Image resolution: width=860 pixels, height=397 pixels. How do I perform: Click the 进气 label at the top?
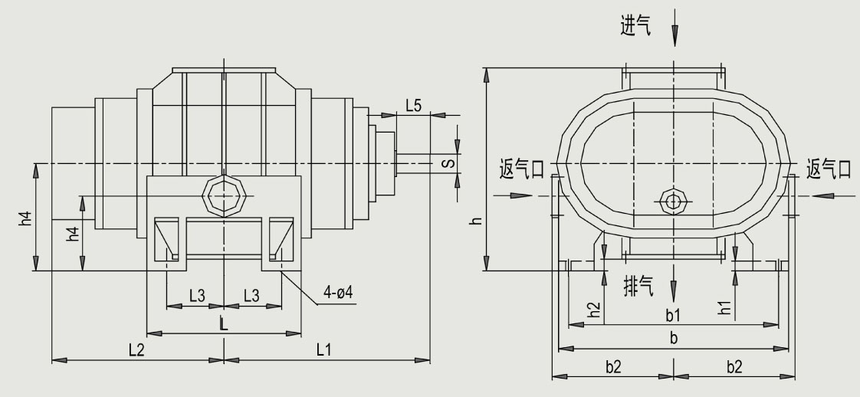click(x=636, y=26)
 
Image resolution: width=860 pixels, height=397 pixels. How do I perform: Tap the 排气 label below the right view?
click(x=636, y=287)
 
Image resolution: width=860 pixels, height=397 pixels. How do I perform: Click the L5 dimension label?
click(x=412, y=106)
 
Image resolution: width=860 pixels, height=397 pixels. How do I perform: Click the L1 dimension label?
click(x=323, y=349)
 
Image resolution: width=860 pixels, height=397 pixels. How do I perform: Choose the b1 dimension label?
click(x=673, y=315)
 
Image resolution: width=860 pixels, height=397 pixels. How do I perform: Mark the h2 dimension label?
click(x=592, y=309)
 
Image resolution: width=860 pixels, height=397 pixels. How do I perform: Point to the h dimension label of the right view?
click(x=476, y=220)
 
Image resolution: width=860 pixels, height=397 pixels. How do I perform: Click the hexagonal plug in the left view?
click(x=223, y=195)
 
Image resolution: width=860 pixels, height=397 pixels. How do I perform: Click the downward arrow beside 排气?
click(x=674, y=290)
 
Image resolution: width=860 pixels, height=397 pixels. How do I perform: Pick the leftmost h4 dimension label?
click(x=26, y=218)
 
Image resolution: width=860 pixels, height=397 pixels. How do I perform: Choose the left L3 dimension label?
click(x=197, y=295)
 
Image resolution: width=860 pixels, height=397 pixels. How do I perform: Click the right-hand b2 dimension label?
click(x=734, y=366)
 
